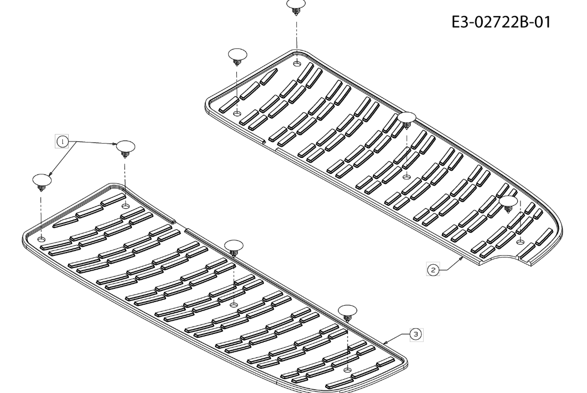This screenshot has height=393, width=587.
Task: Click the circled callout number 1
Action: (x=62, y=141)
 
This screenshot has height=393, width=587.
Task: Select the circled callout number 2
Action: (x=433, y=270)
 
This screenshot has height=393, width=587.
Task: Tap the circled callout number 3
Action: (x=416, y=334)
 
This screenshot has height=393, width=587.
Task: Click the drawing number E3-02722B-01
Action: (x=501, y=22)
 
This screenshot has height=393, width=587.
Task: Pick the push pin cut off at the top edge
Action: (x=296, y=6)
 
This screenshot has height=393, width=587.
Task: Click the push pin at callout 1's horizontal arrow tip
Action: (x=126, y=149)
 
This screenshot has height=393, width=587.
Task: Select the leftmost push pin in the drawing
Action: (x=42, y=182)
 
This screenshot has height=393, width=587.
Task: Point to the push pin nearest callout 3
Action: (x=348, y=313)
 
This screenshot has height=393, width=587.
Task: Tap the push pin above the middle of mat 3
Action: (x=234, y=248)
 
